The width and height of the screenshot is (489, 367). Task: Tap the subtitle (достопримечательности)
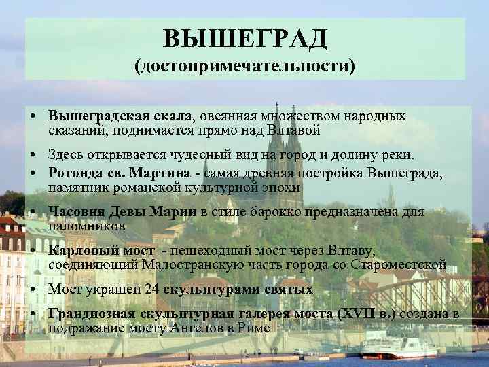coord(244,67)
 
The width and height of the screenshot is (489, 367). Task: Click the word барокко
coord(278,212)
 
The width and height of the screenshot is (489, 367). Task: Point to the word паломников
coord(87,225)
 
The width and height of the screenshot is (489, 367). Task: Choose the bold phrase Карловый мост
coord(101,251)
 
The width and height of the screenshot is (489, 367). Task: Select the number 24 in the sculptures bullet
coord(153,290)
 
